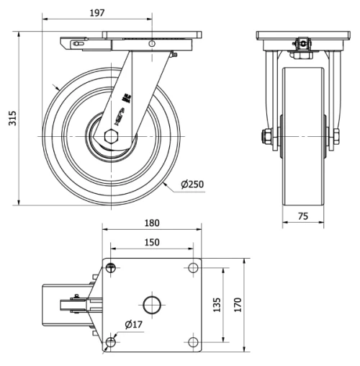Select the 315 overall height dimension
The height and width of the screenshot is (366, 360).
click(11, 118)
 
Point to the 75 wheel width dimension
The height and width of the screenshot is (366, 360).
click(302, 215)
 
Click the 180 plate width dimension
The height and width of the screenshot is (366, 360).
click(152, 223)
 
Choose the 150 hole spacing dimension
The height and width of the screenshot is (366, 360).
click(151, 243)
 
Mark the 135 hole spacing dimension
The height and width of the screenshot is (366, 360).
click(216, 305)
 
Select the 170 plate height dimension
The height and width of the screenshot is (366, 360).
click(236, 305)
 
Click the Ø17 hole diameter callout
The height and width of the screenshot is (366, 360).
click(135, 325)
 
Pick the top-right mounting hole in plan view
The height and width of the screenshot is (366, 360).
click(192, 269)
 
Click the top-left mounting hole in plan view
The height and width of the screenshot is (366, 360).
click(110, 269)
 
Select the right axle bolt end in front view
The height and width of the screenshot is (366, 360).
click(335, 136)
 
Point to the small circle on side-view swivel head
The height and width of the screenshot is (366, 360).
click(152, 43)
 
